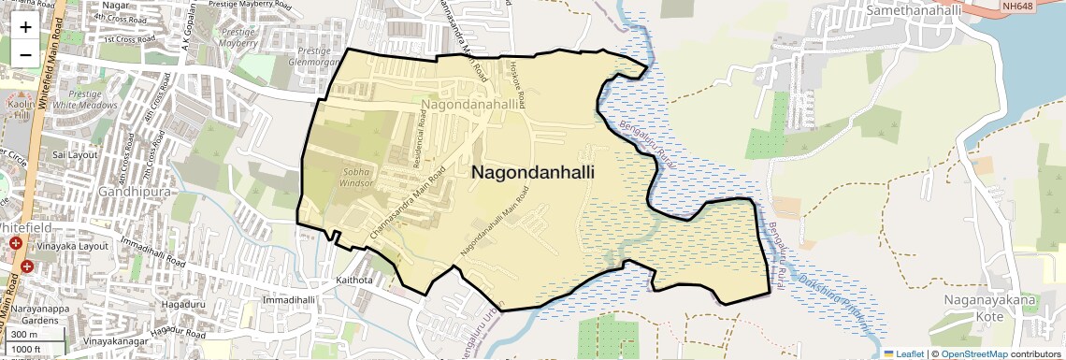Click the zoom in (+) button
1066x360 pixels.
[x=25, y=27]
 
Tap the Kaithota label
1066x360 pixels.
[x=354, y=281]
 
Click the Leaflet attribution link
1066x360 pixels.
[x=903, y=354]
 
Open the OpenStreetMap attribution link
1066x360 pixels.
[x=974, y=354]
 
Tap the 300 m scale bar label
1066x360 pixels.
[x=24, y=335]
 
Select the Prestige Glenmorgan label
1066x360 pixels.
[x=312, y=56]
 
